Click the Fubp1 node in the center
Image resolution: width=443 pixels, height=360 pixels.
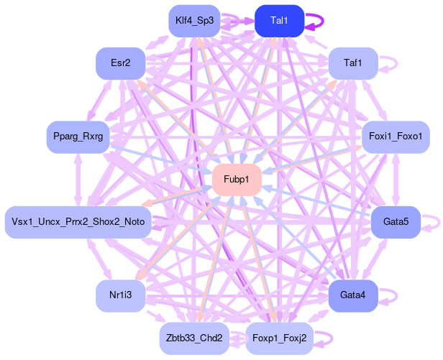point(237,179)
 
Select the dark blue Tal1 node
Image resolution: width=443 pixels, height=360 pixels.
point(280,21)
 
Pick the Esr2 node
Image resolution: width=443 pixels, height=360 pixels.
point(121,63)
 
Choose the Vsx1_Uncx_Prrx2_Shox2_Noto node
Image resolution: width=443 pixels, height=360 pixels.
point(78,222)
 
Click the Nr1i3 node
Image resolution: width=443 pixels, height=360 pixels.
point(121,295)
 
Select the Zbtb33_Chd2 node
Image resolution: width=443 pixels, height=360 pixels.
point(194,338)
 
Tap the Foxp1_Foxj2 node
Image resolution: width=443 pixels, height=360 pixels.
point(280,338)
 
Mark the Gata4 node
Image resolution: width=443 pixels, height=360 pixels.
point(353,295)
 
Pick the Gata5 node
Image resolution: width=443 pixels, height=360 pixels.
point(396,222)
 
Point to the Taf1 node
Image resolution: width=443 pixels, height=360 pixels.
point(353,63)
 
